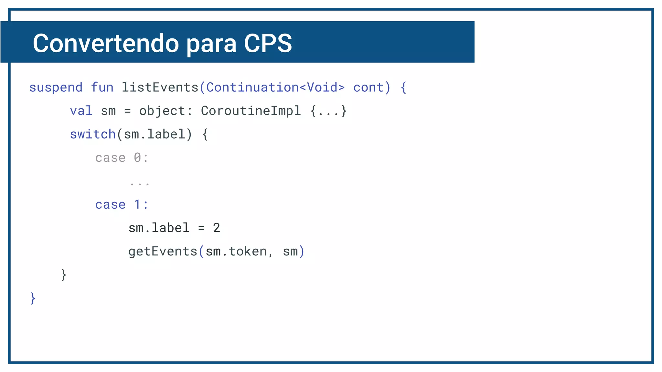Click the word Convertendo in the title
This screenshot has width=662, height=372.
coord(106,43)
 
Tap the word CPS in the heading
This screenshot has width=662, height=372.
coord(268,43)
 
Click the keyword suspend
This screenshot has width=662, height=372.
coord(56,88)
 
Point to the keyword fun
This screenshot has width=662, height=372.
coord(102,88)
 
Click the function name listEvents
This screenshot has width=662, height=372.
coord(160,88)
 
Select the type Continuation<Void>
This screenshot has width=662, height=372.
coord(275,88)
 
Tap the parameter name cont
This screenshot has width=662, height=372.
coord(368,88)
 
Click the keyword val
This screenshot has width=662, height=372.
coord(81,111)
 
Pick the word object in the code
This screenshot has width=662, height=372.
coord(162,111)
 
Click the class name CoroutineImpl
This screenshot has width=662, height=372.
coord(251,111)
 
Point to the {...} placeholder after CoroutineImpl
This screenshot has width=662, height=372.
coord(328,111)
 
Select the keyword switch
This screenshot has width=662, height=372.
coord(93,134)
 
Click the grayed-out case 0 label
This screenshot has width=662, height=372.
coord(122,158)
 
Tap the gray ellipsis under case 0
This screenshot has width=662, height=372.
coord(140,183)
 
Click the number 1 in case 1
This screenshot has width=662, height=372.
coord(137,204)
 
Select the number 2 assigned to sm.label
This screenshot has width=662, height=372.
coord(217,228)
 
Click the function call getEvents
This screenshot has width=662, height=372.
coord(163,252)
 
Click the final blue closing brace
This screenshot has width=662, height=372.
coord(33,298)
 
